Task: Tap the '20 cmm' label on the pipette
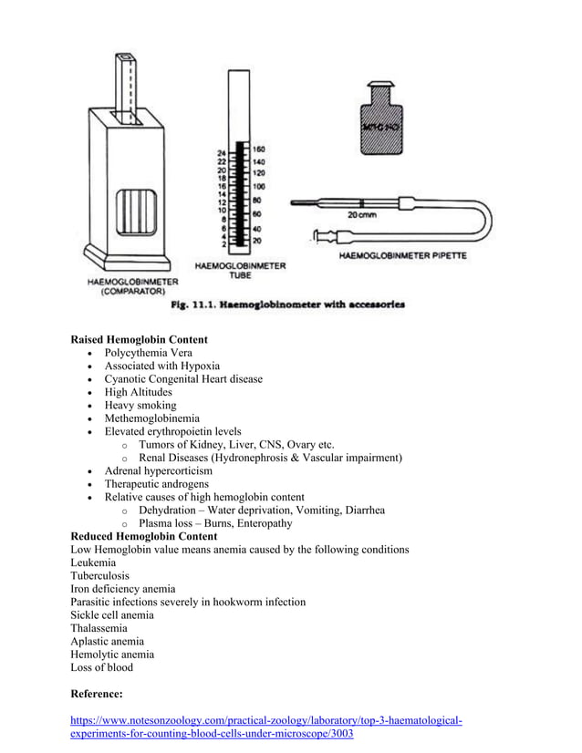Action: point(363,216)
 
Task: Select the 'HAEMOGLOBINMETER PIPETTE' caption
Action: point(402,256)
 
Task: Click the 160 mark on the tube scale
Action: point(258,149)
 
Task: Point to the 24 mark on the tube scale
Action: point(221,152)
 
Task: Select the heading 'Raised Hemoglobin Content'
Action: point(139,340)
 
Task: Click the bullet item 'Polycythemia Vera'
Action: point(148,353)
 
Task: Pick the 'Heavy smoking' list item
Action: point(140,405)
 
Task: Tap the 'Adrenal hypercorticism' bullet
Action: point(159,470)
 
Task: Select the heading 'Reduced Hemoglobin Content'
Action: point(143,537)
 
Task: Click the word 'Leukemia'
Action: point(93,563)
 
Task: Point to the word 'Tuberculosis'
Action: point(99,576)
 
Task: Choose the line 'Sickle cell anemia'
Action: point(112,615)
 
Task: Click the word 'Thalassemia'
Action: point(99,628)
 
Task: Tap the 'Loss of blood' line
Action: point(101,667)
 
